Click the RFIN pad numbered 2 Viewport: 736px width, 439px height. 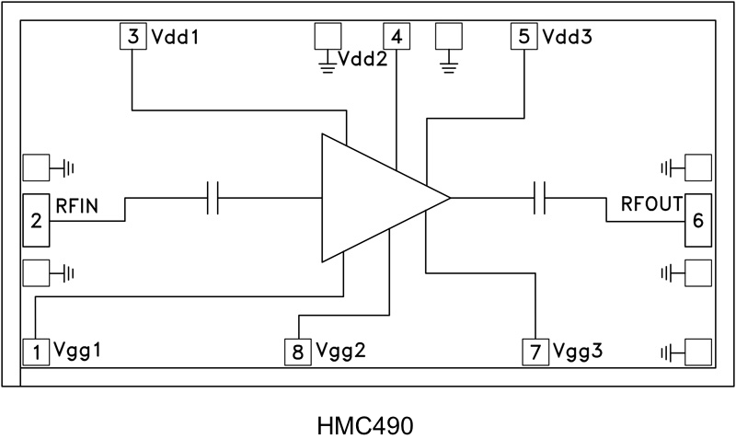(36, 220)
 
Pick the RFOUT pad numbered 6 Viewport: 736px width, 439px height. (697, 220)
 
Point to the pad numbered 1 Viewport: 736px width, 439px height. (36, 351)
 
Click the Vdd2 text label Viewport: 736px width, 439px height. (362, 60)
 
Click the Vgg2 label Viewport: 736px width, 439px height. (338, 352)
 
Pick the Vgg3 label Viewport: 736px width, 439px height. (574, 352)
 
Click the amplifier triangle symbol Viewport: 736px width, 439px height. (373, 198)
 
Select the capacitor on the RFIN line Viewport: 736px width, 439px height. (213, 198)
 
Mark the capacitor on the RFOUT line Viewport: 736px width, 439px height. (540, 198)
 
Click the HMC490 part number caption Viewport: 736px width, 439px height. (365, 426)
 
